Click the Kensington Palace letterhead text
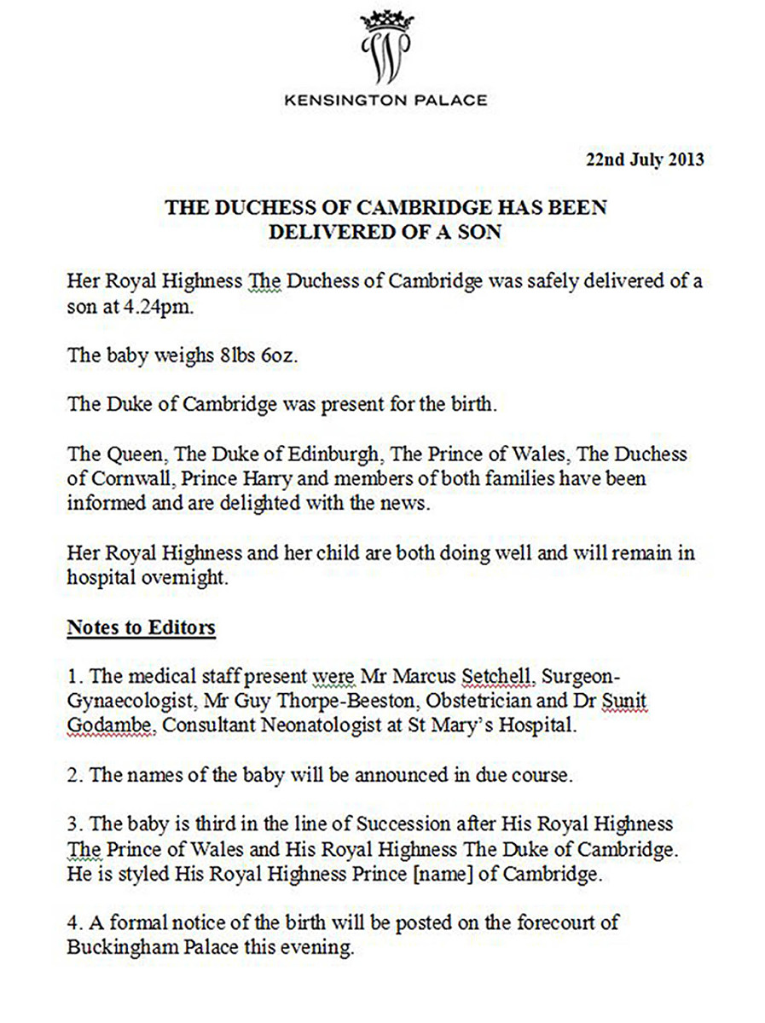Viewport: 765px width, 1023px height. [385, 101]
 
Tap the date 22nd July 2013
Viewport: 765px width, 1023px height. [644, 159]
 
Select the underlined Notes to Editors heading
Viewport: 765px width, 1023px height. [141, 628]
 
